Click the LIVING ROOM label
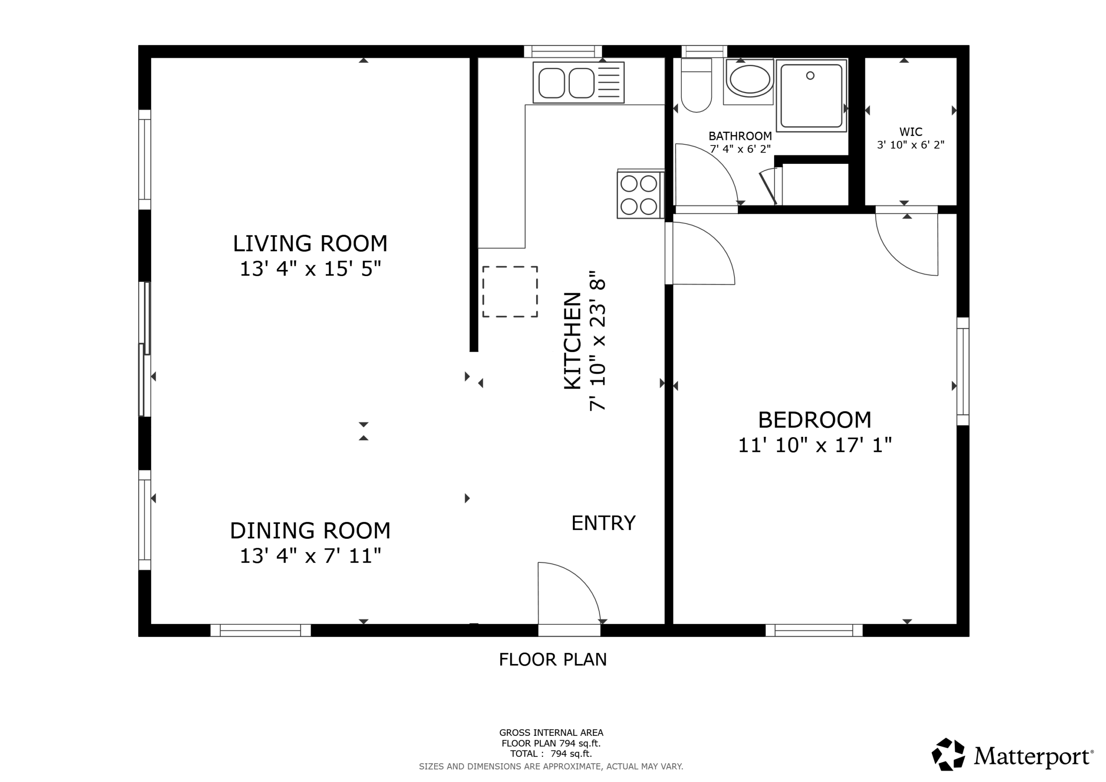[x=310, y=244]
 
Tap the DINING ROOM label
[x=310, y=531]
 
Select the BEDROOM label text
[x=814, y=420]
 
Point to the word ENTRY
[x=604, y=523]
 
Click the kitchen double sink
[x=578, y=83]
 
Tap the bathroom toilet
[x=696, y=85]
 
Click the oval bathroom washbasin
[x=748, y=80]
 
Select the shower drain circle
[x=810, y=76]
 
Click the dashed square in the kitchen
[x=510, y=292]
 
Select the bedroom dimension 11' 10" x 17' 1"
[x=814, y=445]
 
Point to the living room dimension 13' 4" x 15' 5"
[x=310, y=269]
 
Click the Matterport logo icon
[x=948, y=754]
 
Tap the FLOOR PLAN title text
[x=553, y=660]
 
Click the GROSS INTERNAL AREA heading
[x=551, y=733]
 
